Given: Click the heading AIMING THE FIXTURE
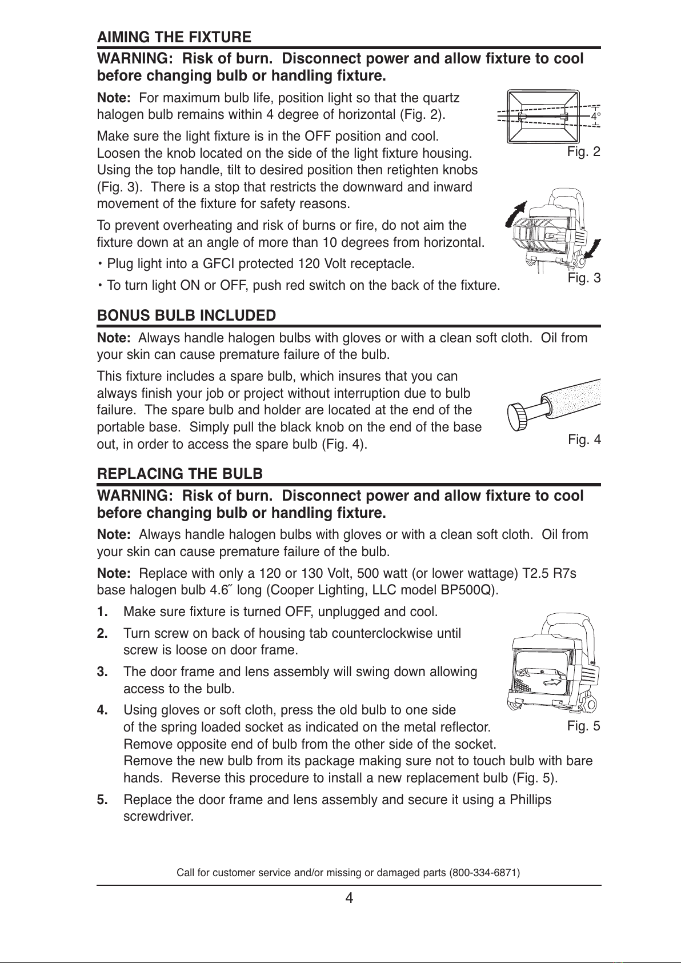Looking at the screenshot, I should [x=174, y=38].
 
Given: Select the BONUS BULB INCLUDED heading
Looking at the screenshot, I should [x=187, y=315].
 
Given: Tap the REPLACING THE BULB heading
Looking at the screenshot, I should [x=181, y=474].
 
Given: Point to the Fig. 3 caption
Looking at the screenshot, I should [x=584, y=278].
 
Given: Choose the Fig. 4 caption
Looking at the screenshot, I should [x=584, y=440].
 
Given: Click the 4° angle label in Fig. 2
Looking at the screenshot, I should [x=595, y=117].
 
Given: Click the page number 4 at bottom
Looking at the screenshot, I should [x=349, y=898].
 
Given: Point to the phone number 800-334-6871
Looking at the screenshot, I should [x=484, y=873].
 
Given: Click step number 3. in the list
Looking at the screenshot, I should [x=103, y=672].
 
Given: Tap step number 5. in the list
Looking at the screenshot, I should [x=103, y=800].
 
